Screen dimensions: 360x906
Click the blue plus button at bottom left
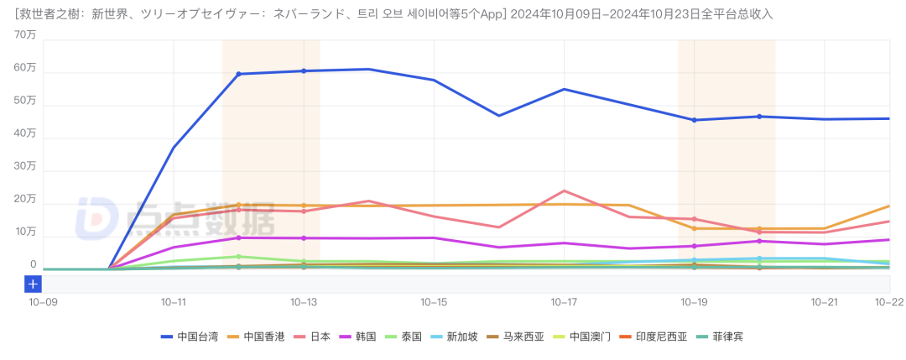coord(33,284)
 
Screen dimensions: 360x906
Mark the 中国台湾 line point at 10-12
coord(239,74)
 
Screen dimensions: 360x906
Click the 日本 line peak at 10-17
coord(564,191)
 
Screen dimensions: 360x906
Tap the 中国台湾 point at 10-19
coord(695,120)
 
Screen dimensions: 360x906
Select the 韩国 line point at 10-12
coord(239,237)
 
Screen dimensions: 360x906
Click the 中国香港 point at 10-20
coord(759,228)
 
